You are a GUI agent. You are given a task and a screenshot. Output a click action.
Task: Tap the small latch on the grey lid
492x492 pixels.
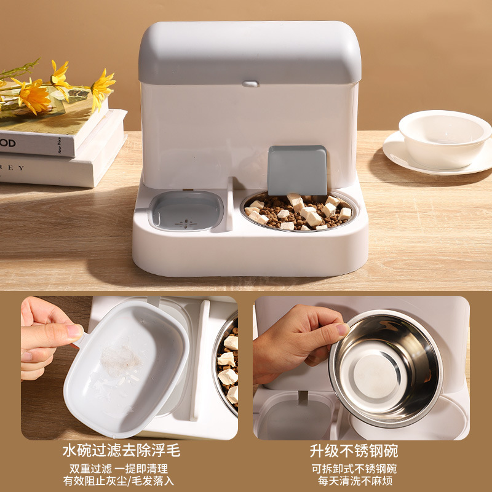[249, 84]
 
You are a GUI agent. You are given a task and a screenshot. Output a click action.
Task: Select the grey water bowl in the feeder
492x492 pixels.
[186, 211]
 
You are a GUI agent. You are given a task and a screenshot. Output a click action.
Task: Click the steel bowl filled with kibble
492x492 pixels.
[298, 212]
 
